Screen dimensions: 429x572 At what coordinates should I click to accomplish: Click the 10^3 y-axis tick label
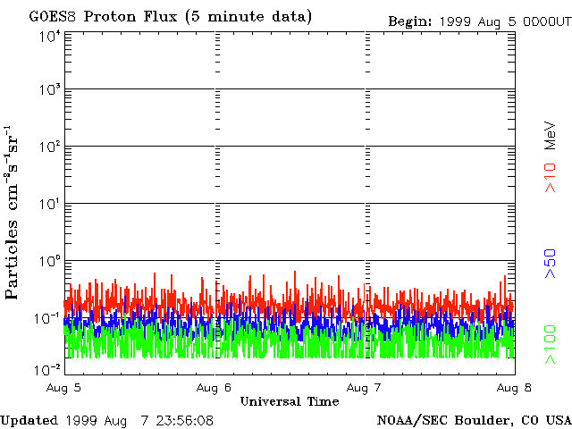click(49, 90)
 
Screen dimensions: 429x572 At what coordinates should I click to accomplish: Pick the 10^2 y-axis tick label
click(49, 147)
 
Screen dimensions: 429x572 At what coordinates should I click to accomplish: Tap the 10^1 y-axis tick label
click(49, 204)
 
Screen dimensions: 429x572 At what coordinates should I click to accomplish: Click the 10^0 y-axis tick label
click(49, 261)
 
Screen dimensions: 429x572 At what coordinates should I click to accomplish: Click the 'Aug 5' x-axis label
click(65, 388)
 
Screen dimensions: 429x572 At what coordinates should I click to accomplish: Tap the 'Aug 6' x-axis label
click(214, 388)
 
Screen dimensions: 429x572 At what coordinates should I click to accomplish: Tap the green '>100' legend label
click(551, 345)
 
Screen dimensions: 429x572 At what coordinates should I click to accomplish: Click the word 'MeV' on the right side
click(551, 136)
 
